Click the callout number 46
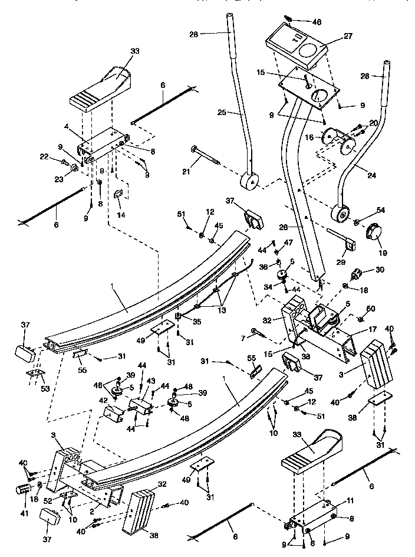[317, 22]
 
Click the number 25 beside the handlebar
[222, 112]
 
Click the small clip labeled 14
[118, 194]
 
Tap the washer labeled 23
[75, 169]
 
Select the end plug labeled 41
[23, 489]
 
